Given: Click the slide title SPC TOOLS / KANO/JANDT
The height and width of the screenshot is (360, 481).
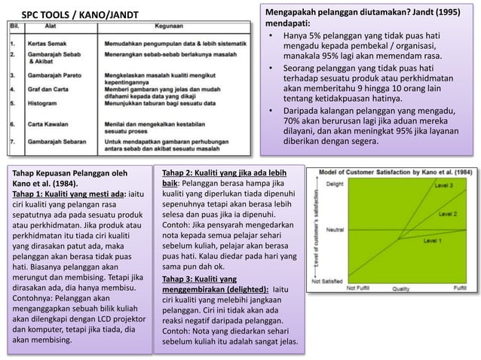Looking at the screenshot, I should point(75,14).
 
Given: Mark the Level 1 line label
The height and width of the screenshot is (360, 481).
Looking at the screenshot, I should point(433,240).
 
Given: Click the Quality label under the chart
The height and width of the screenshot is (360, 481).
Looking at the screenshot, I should point(401,288).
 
